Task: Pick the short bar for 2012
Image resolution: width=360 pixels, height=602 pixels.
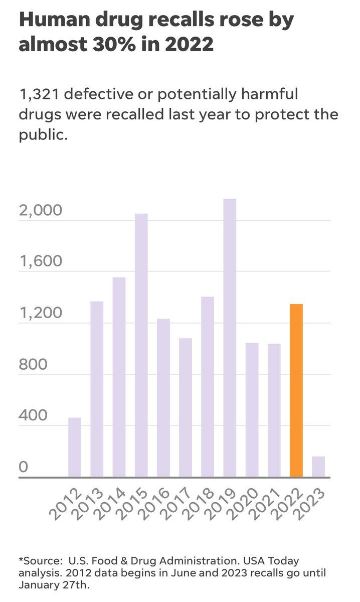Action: click(75, 447)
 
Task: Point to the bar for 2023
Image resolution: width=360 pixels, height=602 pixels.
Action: click(318, 467)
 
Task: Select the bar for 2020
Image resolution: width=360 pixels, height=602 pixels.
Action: click(252, 410)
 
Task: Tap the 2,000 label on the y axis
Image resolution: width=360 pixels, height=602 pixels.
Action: click(40, 210)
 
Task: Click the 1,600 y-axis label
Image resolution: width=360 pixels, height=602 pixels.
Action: click(40, 262)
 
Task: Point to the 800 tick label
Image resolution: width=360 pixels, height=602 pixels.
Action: click(33, 365)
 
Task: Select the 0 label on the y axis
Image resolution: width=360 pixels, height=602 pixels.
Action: click(23, 468)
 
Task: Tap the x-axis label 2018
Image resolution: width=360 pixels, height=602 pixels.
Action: click(193, 505)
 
